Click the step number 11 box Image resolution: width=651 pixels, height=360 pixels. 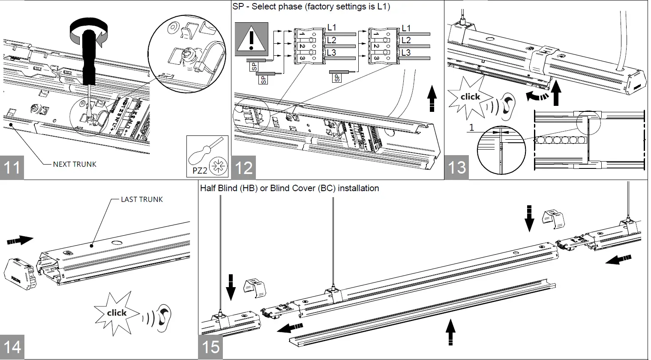(x=12, y=167)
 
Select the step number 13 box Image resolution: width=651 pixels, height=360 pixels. (x=456, y=167)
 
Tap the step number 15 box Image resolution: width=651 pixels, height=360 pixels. (x=211, y=347)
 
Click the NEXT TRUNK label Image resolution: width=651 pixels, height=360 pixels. (x=75, y=164)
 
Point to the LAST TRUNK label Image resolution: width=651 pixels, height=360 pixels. (x=142, y=199)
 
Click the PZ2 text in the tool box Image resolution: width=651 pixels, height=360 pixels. (x=197, y=171)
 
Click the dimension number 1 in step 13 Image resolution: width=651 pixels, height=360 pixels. (x=471, y=128)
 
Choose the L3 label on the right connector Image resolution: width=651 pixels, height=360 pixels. (x=406, y=52)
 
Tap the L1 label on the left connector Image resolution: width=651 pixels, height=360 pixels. (x=332, y=27)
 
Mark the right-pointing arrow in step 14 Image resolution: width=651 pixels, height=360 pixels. (x=20, y=240)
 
